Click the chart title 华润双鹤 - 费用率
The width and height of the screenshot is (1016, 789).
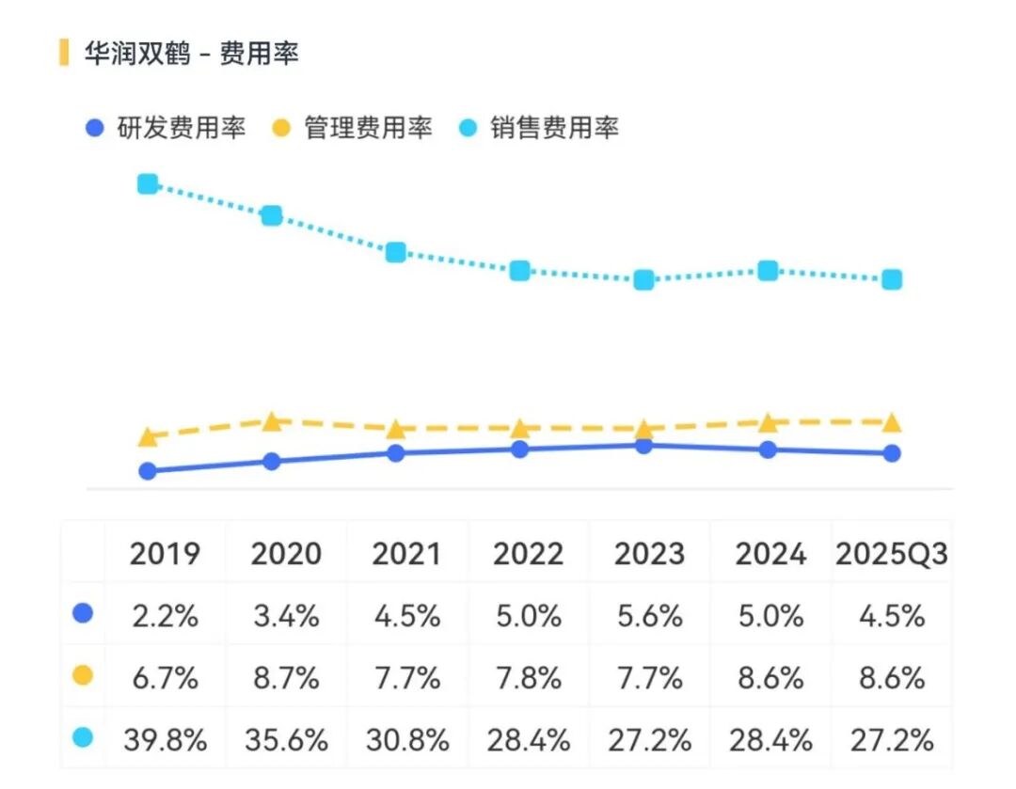point(191,54)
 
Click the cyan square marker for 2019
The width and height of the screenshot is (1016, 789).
point(148,183)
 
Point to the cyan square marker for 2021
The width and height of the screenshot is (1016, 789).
point(396,252)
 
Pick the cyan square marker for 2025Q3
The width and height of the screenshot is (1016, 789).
point(892,279)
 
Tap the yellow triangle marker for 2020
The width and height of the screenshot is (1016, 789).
point(272,421)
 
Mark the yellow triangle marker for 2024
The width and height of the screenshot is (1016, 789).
point(768,422)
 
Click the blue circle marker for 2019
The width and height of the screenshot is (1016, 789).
point(148,471)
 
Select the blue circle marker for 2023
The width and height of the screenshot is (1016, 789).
point(643,446)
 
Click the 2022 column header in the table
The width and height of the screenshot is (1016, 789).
point(528,554)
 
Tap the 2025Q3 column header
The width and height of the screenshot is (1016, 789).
point(891,554)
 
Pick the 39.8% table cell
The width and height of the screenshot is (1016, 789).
point(165,740)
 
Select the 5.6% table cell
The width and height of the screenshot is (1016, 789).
point(648,616)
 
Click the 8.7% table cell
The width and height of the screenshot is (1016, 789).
point(285,678)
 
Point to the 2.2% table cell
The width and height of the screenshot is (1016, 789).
point(165,616)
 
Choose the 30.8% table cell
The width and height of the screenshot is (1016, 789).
point(406,740)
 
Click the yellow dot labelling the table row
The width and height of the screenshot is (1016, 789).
point(83,676)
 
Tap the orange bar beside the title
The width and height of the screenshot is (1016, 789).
point(64,53)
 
